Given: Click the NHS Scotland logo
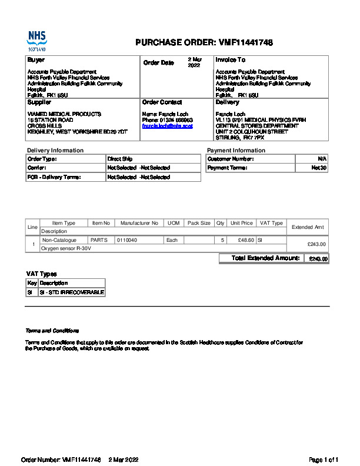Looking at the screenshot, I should click(x=36, y=41).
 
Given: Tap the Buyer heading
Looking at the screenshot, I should click(x=36, y=60).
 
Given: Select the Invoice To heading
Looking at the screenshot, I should click(x=231, y=60).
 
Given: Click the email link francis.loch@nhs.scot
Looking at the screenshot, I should click(x=168, y=126).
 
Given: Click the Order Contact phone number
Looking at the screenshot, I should click(x=168, y=120).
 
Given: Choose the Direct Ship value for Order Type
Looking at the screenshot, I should click(x=120, y=159).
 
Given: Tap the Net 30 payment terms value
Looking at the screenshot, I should click(x=319, y=168).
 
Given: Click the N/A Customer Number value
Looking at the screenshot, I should click(x=322, y=159).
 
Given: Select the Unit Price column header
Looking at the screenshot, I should click(x=242, y=224).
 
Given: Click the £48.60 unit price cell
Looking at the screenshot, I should click(x=242, y=240).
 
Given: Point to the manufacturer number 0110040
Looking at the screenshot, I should click(x=127, y=240).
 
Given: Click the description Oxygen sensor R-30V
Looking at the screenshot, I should click(x=66, y=248).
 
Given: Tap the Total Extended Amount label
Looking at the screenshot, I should click(x=266, y=258).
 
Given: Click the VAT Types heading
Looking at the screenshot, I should click(x=42, y=274).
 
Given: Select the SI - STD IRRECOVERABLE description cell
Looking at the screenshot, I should click(x=72, y=292).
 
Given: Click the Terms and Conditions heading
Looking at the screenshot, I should click(x=52, y=331).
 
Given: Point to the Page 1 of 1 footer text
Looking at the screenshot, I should click(x=324, y=460).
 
